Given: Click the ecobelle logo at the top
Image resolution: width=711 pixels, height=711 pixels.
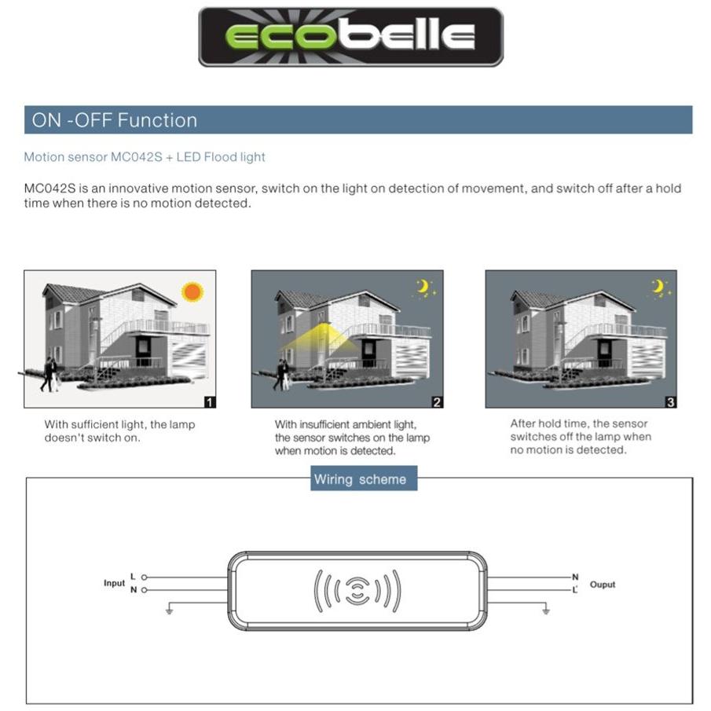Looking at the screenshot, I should point(350,36).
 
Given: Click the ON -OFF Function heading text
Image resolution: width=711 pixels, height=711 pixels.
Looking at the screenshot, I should point(115,120).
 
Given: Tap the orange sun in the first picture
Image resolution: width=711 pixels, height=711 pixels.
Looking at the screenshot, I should point(192,292).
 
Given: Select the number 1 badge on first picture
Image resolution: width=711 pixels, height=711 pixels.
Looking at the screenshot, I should point(209,402).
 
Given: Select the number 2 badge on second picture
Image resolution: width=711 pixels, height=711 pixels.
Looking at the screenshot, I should point(437,402).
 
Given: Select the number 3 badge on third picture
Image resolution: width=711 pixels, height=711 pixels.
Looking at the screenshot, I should point(670,402).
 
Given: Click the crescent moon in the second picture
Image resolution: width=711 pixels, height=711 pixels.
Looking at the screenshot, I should point(424,288).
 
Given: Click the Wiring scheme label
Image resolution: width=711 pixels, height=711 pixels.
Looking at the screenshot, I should point(360,479).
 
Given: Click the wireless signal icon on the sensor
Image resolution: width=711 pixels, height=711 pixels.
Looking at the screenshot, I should point(357,590).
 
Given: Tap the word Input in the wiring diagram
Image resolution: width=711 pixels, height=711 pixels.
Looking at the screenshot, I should point(114,583).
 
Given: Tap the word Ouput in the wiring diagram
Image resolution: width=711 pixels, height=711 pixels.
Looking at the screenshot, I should point(603,585).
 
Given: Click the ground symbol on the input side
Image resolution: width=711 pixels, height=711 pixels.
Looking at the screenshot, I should point(169,610).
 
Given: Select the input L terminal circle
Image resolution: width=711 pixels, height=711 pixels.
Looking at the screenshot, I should point(144,577).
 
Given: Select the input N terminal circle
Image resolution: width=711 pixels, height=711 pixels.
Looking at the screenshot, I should point(144,589).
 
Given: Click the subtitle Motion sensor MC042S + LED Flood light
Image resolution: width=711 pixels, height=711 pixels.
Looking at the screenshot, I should point(145,157).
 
